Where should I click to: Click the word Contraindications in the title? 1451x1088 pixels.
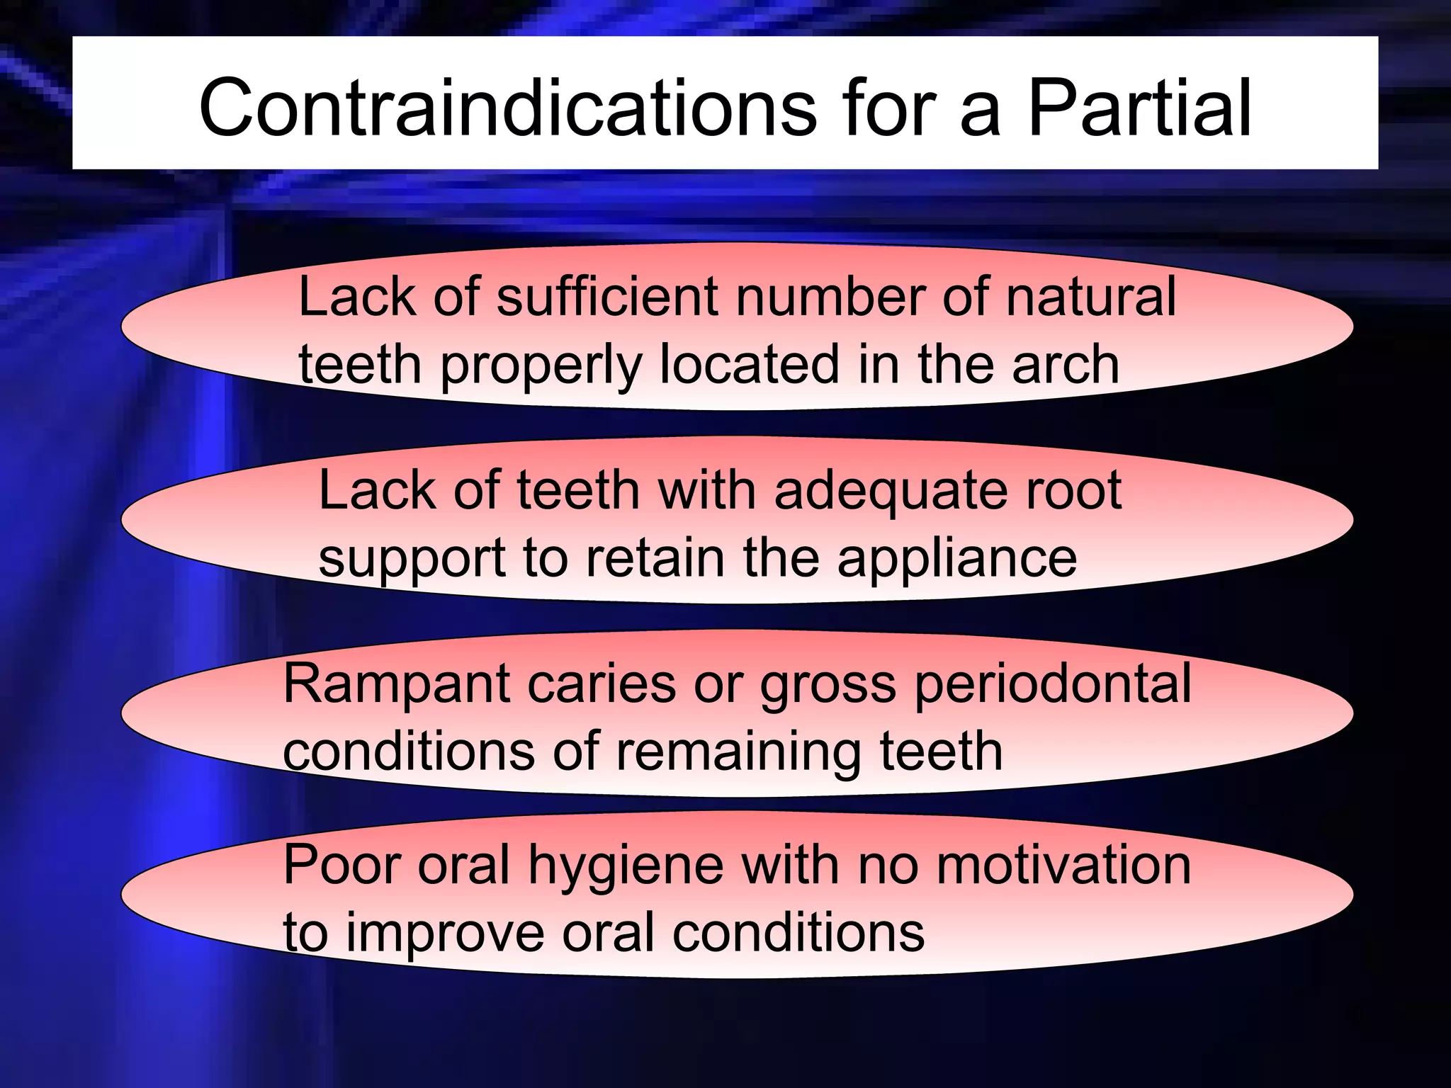tap(507, 108)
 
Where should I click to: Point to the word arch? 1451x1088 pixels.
tap(1066, 364)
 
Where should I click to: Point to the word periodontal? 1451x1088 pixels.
tap(1053, 684)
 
